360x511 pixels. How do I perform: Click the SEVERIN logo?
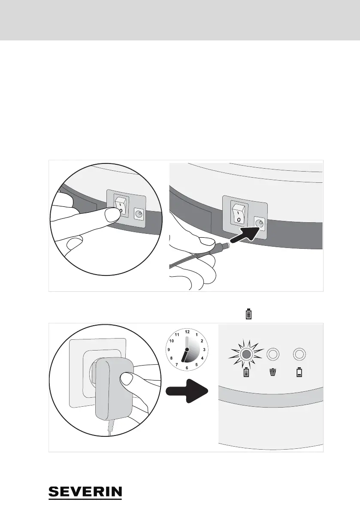[x=85, y=493]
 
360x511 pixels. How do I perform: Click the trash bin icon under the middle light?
[x=273, y=372]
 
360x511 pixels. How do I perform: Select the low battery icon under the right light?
[x=299, y=372]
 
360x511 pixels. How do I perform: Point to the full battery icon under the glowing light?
[x=246, y=372]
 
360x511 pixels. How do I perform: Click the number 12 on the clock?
[x=187, y=332]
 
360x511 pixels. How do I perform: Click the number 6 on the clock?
[x=187, y=367]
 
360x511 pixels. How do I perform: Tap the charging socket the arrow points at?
[x=259, y=223]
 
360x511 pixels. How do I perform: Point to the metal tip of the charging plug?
[x=227, y=245]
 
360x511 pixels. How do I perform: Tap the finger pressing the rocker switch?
[x=112, y=212]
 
